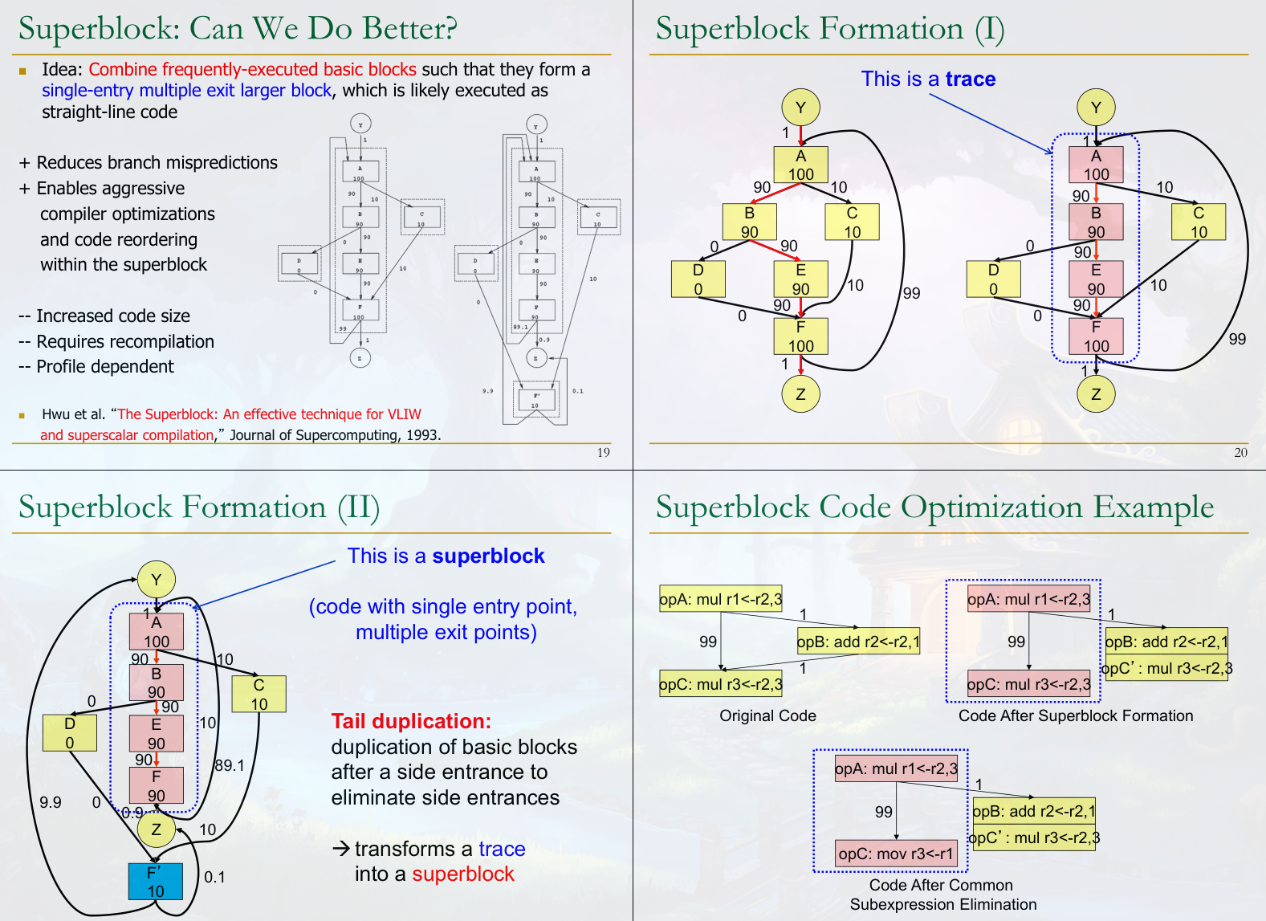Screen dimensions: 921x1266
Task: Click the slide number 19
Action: tap(603, 452)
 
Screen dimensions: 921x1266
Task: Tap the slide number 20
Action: tap(1240, 452)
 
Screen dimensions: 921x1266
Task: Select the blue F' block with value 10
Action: tap(155, 882)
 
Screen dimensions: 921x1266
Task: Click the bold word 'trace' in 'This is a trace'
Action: tap(970, 79)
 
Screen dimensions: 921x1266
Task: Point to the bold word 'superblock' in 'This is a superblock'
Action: tap(488, 556)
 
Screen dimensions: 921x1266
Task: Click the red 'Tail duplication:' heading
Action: tap(410, 721)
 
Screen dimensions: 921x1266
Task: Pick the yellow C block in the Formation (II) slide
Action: tap(258, 694)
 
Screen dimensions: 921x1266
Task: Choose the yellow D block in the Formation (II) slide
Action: tap(70, 732)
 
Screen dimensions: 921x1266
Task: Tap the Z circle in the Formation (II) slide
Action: tap(156, 829)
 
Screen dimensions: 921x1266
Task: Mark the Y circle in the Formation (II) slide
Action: tap(156, 580)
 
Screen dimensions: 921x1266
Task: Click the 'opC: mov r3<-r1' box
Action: tap(896, 854)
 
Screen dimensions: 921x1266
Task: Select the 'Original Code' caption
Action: tap(767, 715)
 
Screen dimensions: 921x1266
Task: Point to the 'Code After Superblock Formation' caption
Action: tap(1075, 715)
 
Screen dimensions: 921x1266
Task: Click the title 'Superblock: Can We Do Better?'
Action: tap(238, 29)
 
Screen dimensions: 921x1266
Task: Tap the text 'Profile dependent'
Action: tap(104, 367)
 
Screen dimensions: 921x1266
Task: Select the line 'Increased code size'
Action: tap(112, 316)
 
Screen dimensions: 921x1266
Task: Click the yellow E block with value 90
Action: tap(800, 279)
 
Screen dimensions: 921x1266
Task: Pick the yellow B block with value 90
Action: tap(749, 222)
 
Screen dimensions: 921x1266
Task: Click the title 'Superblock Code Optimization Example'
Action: tap(934, 507)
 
